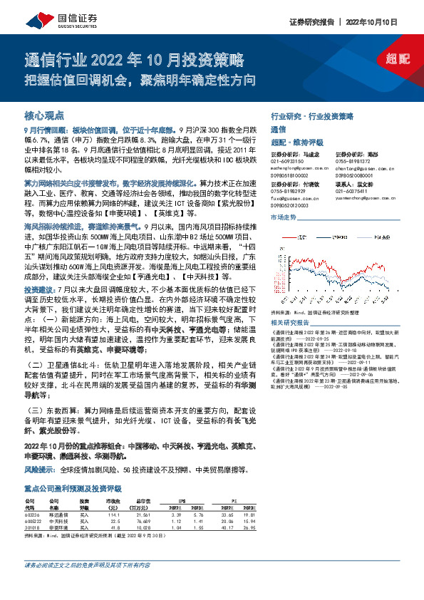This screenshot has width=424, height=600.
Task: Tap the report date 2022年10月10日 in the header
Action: pos(386,23)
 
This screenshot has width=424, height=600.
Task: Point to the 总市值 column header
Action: pos(143,500)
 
